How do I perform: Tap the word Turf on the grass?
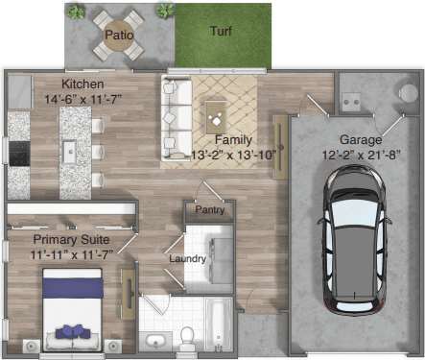(x=221, y=31)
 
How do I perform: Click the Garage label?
(x=360, y=139)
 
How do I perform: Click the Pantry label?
(x=210, y=209)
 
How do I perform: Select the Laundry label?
(x=188, y=258)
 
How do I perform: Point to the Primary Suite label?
(x=71, y=239)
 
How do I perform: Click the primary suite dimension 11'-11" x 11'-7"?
(x=71, y=253)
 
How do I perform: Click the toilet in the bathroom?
(x=188, y=337)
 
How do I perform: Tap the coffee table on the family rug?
(x=218, y=120)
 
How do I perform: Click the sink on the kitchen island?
(x=69, y=151)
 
